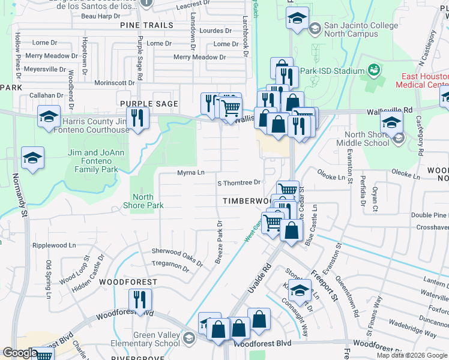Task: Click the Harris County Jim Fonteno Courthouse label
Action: (x=96, y=125)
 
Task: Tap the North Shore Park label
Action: (x=143, y=201)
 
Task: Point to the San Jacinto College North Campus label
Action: (x=361, y=30)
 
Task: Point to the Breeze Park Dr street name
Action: (x=219, y=242)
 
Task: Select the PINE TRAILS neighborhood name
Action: (x=146, y=25)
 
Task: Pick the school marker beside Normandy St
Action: (x=33, y=158)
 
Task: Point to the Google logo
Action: (x=20, y=353)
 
